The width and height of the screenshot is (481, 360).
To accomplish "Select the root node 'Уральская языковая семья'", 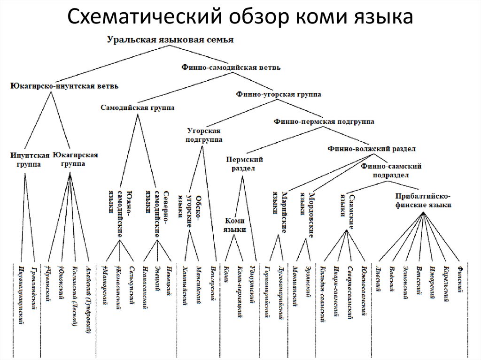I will (x=170, y=40).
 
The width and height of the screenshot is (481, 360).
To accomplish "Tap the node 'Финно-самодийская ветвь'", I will (x=231, y=67).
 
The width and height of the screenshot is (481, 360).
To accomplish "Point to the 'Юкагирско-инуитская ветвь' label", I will (x=64, y=86).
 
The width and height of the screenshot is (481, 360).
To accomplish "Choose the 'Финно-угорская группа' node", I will (x=279, y=94).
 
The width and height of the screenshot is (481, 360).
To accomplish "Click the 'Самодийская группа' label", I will (x=137, y=108).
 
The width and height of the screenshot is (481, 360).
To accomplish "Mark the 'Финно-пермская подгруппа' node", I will (x=324, y=122).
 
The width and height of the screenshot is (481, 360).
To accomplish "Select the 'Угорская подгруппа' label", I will (x=204, y=135).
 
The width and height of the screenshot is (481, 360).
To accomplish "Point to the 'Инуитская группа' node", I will (x=30, y=160).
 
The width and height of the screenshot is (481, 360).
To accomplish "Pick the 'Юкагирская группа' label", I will (x=75, y=159).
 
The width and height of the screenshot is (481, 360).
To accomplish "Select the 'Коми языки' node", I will (x=235, y=225).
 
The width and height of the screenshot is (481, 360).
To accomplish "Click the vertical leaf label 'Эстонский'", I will (x=406, y=281).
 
